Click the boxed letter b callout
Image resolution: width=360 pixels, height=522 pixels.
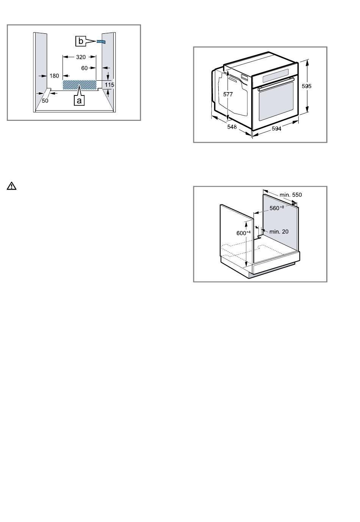pos(80,41)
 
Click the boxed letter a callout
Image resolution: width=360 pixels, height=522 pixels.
pos(79,101)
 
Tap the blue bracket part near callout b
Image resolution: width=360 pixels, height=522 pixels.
pos(101,42)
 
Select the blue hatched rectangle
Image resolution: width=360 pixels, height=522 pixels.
pos(80,85)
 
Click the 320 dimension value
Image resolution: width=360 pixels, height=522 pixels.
pos(81,57)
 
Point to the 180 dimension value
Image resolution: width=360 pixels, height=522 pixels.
pos(54,76)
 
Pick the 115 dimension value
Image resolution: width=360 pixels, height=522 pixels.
pos(110,85)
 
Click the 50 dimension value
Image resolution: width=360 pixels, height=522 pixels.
pos(45,101)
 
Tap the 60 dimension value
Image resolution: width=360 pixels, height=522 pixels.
pos(85,68)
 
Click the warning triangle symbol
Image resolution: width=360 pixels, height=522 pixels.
pos(11,186)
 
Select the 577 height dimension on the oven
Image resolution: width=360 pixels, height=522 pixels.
pos(228,94)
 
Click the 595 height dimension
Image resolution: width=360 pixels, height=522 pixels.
pos(306,86)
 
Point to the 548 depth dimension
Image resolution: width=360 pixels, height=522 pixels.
pos(232,127)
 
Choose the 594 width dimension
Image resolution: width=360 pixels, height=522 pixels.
pos(277,128)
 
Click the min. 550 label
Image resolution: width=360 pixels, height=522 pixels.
pos(291,195)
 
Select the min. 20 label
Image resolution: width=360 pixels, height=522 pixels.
pos(279,231)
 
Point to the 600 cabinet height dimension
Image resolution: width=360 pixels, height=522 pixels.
pos(243,233)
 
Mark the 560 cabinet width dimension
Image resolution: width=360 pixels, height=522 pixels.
pos(277,208)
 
